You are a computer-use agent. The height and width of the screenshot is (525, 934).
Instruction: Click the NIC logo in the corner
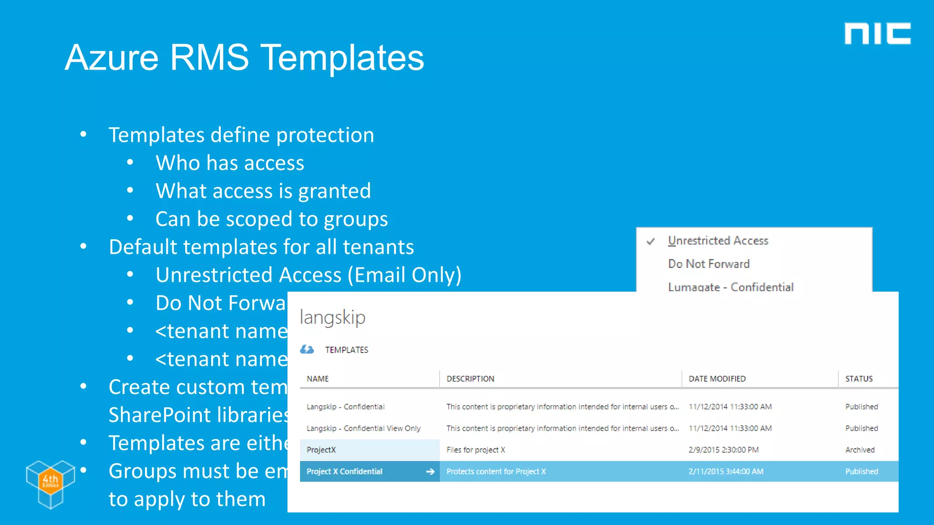click(x=877, y=34)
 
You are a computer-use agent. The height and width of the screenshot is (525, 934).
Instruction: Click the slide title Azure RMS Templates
click(x=244, y=58)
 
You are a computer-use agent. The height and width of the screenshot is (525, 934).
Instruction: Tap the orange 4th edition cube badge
click(x=50, y=480)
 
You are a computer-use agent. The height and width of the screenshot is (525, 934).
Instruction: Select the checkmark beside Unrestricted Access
click(x=651, y=241)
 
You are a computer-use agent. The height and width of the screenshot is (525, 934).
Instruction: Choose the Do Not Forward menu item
click(x=709, y=264)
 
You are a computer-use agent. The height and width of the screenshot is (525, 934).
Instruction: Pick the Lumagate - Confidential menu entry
click(x=731, y=287)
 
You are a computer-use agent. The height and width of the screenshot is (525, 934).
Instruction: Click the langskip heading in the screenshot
click(x=332, y=318)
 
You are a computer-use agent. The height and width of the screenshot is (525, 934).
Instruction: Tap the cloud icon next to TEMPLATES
click(x=307, y=350)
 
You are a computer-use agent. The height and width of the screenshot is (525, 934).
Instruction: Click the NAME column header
click(x=318, y=379)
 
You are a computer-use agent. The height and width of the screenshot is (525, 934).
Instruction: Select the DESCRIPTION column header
click(x=470, y=379)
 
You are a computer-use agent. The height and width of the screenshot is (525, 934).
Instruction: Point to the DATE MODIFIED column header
click(x=717, y=379)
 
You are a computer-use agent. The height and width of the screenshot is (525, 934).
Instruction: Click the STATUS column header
click(x=859, y=379)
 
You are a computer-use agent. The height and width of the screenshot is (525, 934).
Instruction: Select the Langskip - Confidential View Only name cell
click(x=363, y=428)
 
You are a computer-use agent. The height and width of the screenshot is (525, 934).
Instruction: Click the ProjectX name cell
click(x=321, y=450)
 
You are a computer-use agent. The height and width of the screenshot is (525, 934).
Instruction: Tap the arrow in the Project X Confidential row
click(x=430, y=472)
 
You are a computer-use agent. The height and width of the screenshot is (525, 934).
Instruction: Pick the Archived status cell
click(x=860, y=450)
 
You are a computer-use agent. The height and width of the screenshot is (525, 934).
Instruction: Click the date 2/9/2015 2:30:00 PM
click(x=723, y=450)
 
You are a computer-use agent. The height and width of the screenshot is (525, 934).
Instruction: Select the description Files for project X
click(x=476, y=450)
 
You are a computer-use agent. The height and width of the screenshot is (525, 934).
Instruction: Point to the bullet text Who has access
click(x=230, y=163)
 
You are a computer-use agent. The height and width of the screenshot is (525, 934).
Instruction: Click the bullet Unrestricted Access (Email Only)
click(x=308, y=275)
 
